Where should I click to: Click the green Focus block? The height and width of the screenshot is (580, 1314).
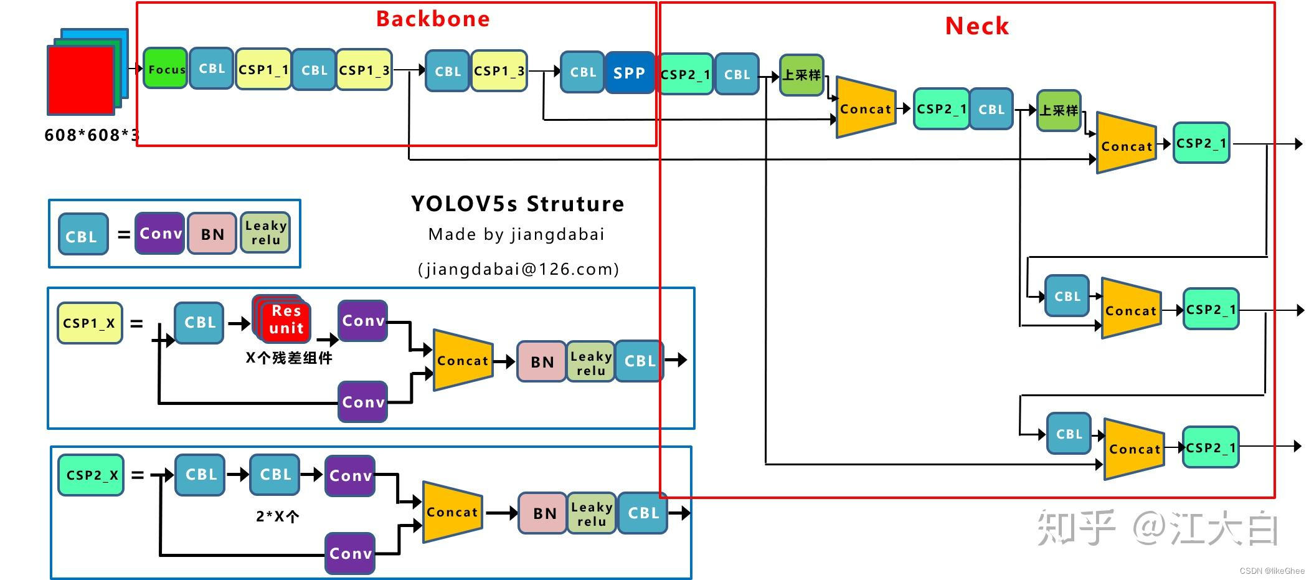(165, 69)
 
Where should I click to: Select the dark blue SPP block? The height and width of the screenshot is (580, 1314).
(629, 73)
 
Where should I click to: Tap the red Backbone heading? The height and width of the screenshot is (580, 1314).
(433, 19)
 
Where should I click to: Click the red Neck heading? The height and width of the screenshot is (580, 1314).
(976, 26)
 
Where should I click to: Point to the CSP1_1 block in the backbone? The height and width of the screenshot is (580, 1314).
(263, 69)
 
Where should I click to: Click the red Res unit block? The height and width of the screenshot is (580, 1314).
(286, 320)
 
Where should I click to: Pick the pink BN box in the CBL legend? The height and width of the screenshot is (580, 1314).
(212, 234)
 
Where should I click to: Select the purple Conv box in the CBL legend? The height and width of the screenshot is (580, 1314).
(160, 234)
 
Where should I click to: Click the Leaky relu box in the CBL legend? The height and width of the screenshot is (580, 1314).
(265, 233)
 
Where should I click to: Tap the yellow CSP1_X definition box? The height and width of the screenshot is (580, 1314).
(90, 323)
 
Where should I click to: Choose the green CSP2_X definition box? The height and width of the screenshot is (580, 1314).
(91, 475)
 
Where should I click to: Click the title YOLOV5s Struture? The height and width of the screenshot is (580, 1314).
(517, 204)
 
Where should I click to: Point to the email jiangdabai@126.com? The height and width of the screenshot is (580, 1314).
(518, 269)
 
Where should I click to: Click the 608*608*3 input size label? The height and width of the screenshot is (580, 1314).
(92, 135)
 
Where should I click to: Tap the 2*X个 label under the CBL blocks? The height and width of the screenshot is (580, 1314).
(277, 516)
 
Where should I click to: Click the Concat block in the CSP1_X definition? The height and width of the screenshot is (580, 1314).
(463, 360)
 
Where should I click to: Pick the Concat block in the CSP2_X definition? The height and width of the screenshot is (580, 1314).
(452, 512)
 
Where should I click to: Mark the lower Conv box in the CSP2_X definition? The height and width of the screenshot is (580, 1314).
(350, 553)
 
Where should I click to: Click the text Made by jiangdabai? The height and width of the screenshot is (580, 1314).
(516, 235)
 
